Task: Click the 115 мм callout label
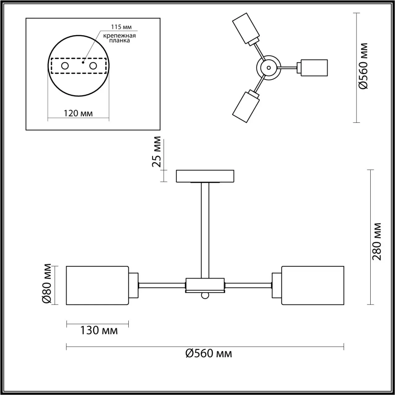[121, 27]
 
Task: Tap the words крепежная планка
[119, 38]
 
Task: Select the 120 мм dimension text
[78, 113]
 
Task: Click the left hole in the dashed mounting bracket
[65, 66]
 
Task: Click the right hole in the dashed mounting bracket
[93, 66]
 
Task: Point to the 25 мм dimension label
[157, 152]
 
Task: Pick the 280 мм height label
[376, 241]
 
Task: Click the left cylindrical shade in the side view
[98, 285]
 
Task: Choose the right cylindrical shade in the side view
[313, 285]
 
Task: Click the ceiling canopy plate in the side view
[205, 176]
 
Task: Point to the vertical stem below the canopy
[205, 230]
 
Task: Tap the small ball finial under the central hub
[205, 295]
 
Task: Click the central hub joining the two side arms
[205, 285]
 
